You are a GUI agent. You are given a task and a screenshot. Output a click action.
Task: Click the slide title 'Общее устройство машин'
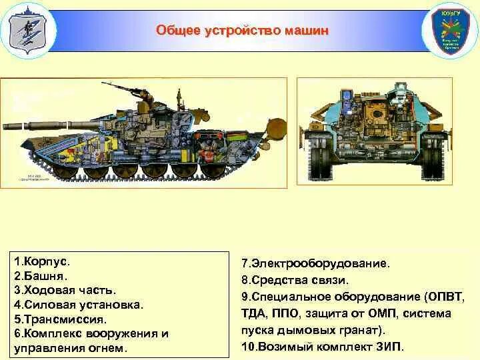click(242, 31)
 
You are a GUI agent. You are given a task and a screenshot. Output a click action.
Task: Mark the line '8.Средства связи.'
click(295, 280)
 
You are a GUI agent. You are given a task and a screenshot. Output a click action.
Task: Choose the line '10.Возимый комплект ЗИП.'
click(323, 347)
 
